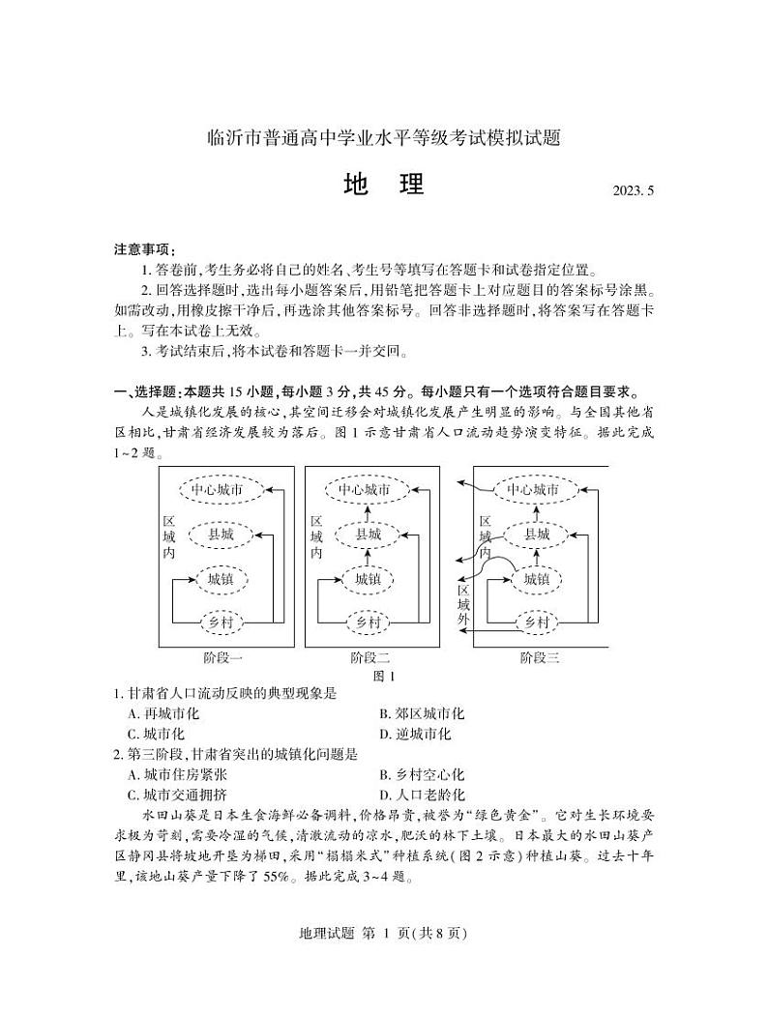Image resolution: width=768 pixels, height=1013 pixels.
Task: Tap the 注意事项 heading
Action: click(138, 249)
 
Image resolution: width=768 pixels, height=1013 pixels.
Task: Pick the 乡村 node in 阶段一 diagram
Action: click(222, 622)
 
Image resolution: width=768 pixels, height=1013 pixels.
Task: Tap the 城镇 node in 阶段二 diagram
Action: click(368, 578)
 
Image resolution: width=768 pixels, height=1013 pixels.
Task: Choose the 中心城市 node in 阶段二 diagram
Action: click(364, 489)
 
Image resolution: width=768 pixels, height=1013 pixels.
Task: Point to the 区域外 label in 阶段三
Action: click(464, 604)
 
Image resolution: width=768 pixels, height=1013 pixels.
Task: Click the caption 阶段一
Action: click(222, 658)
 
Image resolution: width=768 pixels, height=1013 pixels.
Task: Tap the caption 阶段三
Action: click(539, 658)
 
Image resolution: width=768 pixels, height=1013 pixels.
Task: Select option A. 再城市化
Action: click(163, 713)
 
